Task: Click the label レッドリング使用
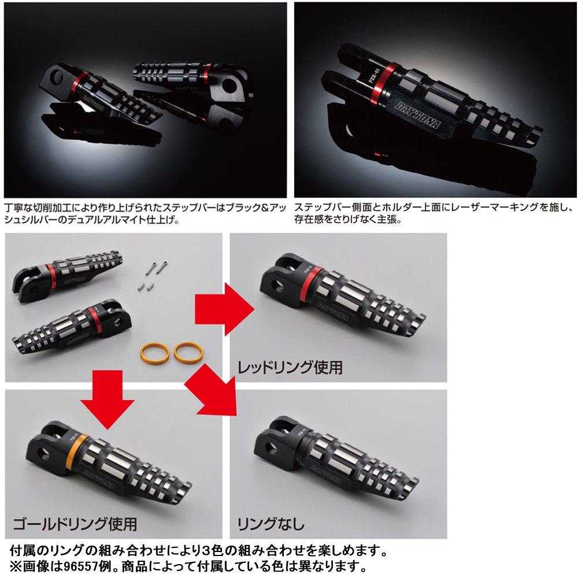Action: [x=290, y=366]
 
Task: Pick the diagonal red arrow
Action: [x=214, y=393]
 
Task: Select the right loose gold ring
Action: [x=186, y=350]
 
